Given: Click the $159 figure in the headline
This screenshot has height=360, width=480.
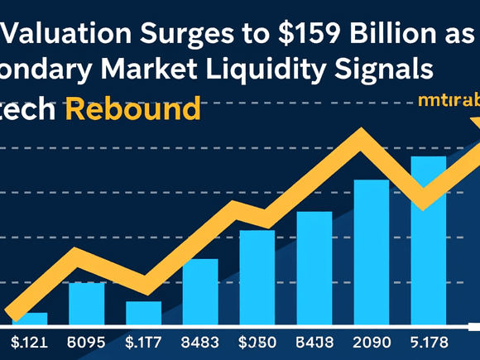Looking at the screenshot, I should tap(302, 36).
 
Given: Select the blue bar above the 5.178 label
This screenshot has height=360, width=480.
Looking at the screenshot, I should tap(428, 240).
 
